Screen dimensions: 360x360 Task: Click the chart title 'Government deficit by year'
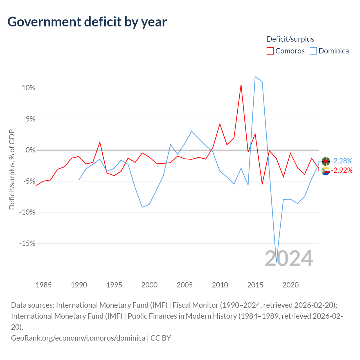(87, 22)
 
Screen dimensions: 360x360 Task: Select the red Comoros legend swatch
(270, 51)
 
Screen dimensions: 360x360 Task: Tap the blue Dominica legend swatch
(313, 51)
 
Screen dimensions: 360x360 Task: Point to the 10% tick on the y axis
(29, 88)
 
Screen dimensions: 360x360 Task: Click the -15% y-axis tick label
(27, 243)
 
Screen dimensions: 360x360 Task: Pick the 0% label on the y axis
(30, 150)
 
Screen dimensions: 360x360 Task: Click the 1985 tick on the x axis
(44, 285)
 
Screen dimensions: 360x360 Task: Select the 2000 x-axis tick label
(149, 285)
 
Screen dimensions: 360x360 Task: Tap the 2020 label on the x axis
(291, 285)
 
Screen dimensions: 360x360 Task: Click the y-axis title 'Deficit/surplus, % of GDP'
(12, 169)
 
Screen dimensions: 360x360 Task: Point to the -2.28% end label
(342, 161)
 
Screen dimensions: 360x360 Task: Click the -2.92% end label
(342, 170)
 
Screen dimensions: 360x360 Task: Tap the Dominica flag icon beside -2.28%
(326, 161)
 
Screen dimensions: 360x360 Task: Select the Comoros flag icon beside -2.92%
(326, 171)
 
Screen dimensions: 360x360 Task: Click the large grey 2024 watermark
(289, 258)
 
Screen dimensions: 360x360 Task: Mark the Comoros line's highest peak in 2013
(241, 85)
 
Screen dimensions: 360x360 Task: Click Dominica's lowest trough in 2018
(276, 262)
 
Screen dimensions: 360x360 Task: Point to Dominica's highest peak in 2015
(255, 76)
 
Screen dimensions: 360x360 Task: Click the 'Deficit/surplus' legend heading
(290, 39)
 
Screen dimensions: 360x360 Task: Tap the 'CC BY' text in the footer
(161, 338)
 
